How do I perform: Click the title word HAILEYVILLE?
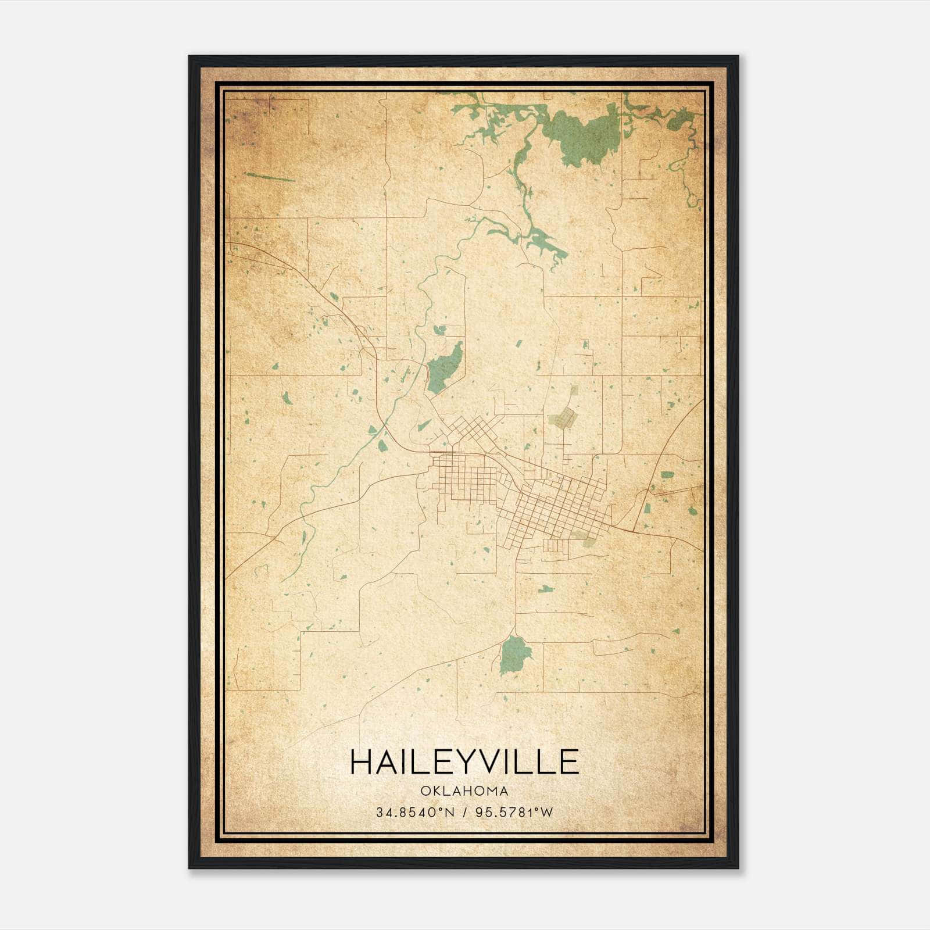(464, 762)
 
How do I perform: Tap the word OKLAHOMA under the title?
(464, 791)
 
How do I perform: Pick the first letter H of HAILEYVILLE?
(361, 762)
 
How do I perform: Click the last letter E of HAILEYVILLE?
(570, 762)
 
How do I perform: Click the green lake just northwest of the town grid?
(445, 368)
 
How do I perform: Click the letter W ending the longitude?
(546, 812)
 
